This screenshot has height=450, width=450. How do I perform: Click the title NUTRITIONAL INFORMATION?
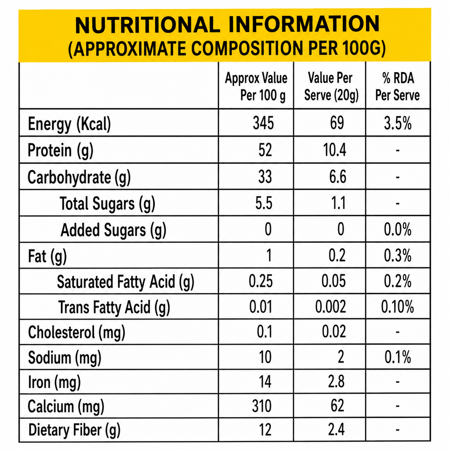tap(227, 24)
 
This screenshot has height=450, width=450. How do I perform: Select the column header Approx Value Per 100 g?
tap(256, 86)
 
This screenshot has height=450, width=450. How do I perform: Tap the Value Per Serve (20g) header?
tap(331, 86)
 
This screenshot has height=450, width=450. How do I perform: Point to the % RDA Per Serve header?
tap(398, 86)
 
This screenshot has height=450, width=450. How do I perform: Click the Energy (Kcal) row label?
tap(69, 124)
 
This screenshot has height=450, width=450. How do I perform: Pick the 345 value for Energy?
tap(263, 123)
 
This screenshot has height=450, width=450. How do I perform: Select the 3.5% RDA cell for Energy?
tap(398, 123)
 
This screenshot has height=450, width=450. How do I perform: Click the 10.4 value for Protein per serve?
tap(335, 150)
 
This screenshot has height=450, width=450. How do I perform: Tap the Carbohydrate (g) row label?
tap(79, 178)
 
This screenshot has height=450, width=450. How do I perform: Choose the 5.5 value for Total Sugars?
tap(264, 203)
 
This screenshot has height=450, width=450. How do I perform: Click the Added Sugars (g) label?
tap(113, 230)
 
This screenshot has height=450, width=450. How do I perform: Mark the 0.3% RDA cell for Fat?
tap(398, 256)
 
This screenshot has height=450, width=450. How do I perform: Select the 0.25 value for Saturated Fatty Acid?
tap(261, 281)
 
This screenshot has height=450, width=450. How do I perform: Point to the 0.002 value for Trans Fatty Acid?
tap(331, 306)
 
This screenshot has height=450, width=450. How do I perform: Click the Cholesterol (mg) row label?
tap(76, 333)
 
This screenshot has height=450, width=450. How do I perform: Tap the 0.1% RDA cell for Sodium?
tap(398, 357)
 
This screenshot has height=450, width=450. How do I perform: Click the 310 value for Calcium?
tap(262, 406)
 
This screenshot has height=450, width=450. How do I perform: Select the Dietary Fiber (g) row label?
tap(74, 430)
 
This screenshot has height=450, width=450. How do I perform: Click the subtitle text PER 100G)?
tap(347, 48)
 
